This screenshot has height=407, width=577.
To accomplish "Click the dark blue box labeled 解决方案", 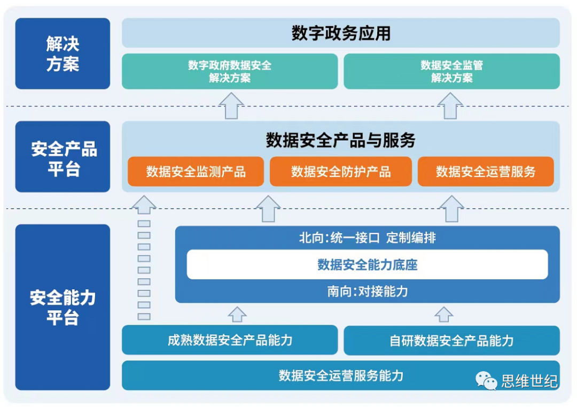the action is point(63,53).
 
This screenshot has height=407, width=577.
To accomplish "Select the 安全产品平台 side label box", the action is point(63,157).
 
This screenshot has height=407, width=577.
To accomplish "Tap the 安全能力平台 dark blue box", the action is point(63,307).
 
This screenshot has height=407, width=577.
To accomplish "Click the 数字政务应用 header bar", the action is point(341,33).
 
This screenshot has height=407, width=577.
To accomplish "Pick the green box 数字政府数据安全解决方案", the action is point(230,71).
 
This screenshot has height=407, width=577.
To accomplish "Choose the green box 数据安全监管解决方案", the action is point(452,71).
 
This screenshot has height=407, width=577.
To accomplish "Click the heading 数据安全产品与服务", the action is point(341,140).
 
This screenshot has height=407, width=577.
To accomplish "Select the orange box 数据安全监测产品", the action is point(196,171).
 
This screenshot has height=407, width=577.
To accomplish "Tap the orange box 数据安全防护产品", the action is point(341,171).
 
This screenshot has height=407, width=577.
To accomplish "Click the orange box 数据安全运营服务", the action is point(486,171).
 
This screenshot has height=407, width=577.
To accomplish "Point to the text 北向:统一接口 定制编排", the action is point(367,237).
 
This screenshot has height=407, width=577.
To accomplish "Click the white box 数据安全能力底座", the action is point(367,264).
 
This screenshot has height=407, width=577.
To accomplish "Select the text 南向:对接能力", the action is point(367,291).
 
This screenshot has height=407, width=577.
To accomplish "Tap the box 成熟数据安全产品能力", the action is point(230,340).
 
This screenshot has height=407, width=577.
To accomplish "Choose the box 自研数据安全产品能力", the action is point(452,340).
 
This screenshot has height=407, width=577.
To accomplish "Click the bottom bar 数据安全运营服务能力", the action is point(341,375).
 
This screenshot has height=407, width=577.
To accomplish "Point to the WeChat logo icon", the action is point(486,380).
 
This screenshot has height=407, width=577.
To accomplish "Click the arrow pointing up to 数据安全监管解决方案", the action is point(450,106).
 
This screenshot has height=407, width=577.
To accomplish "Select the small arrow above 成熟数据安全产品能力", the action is point(237,314).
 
